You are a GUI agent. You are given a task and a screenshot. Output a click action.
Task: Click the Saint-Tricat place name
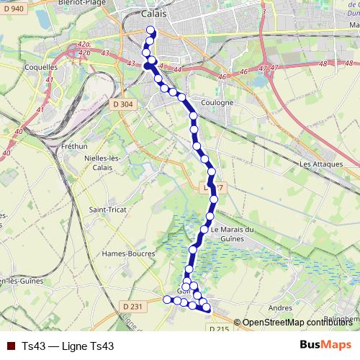click(x=104, y=210)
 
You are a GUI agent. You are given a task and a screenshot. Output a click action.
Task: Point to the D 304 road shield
click(x=123, y=104)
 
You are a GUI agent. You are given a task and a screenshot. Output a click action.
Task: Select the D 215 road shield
click(x=220, y=329)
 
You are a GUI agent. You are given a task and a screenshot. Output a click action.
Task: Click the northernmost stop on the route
click(x=150, y=30)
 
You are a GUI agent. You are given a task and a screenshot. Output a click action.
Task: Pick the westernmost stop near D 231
click(x=168, y=299)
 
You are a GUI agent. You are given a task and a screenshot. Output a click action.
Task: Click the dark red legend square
click(x=11, y=346)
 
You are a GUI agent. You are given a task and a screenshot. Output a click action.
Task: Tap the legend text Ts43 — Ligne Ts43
click(x=68, y=346)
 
